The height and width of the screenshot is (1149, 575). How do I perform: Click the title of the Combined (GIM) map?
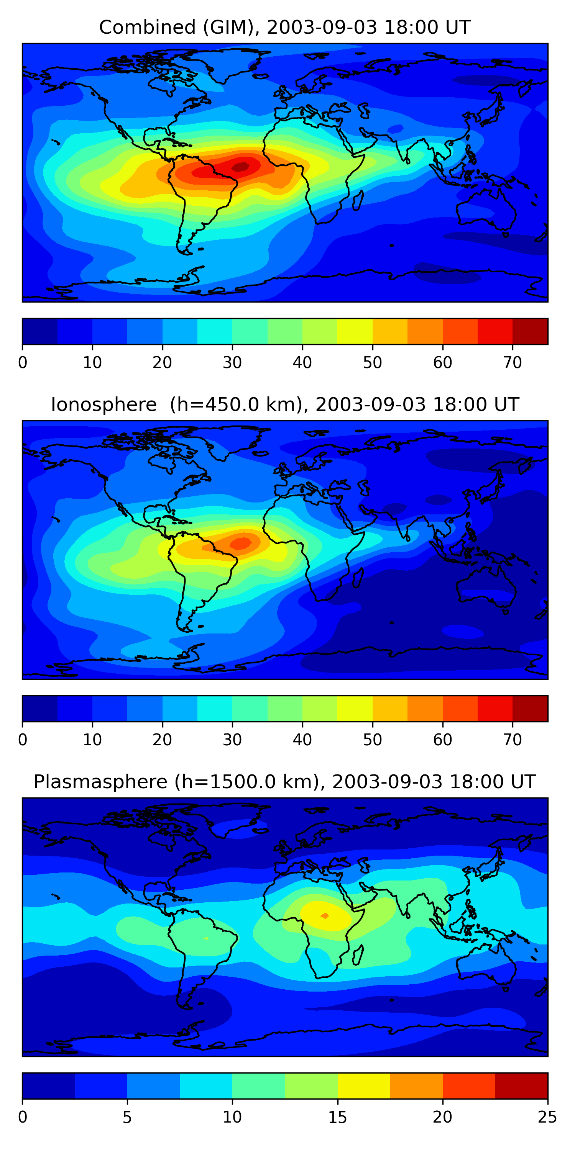coord(285,28)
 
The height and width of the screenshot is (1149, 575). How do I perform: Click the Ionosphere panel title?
coord(285,405)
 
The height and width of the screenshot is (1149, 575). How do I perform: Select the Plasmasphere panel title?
coord(285,782)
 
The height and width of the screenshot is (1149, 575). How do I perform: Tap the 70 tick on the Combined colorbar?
coord(513,362)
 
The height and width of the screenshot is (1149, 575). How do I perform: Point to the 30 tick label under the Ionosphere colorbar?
coord(232,740)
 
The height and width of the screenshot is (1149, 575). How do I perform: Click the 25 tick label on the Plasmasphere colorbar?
coord(547,1117)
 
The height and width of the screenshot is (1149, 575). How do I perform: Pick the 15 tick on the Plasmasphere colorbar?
coord(337,1117)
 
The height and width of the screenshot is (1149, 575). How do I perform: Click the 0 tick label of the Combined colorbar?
coord(23,362)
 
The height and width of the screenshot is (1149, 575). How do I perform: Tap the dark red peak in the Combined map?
coord(241,166)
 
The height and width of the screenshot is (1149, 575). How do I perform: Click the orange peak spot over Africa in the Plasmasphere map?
coord(325,916)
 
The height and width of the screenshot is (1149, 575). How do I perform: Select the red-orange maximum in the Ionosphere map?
coord(241,543)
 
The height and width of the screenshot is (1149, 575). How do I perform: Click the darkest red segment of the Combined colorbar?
coord(530,331)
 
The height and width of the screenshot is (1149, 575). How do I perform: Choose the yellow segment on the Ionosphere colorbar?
coord(355,708)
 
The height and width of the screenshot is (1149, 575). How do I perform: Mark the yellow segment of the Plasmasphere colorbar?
coord(364,1086)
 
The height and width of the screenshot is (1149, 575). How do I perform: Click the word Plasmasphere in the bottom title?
coord(100,782)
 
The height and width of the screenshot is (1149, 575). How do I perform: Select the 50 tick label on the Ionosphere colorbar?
coord(372,740)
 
